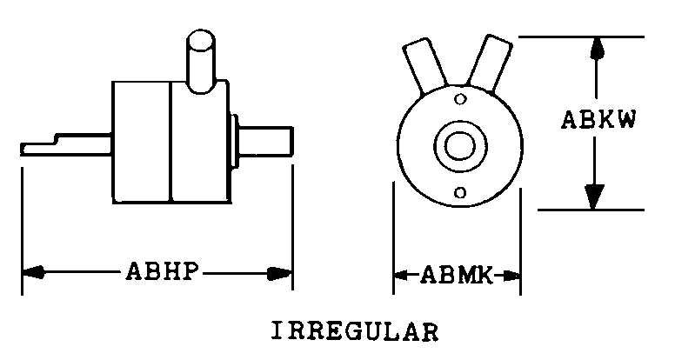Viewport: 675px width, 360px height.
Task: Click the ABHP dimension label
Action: tap(163, 272)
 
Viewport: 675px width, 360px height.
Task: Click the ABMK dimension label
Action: tap(456, 276)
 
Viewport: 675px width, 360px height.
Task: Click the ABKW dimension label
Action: tap(598, 120)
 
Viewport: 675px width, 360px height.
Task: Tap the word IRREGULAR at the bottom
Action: tap(355, 331)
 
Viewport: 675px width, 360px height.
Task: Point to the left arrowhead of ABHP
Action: tap(33, 272)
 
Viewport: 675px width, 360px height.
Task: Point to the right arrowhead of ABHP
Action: tap(279, 274)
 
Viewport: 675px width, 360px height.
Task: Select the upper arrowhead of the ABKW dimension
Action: tap(596, 49)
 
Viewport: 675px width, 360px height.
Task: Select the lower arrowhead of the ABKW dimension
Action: tap(594, 197)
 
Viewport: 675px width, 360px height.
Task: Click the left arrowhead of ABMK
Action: tap(401, 275)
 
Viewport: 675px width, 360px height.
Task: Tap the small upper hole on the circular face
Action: tap(460, 99)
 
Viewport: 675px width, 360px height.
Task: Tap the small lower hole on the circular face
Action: tap(460, 192)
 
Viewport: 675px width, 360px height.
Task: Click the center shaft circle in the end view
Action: tap(460, 145)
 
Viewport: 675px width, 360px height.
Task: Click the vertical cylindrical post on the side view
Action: tap(201, 61)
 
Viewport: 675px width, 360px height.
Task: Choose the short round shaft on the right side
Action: tap(265, 140)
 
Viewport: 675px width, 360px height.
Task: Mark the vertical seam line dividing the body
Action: tap(170, 142)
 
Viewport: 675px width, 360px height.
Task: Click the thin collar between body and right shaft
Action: tap(234, 141)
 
